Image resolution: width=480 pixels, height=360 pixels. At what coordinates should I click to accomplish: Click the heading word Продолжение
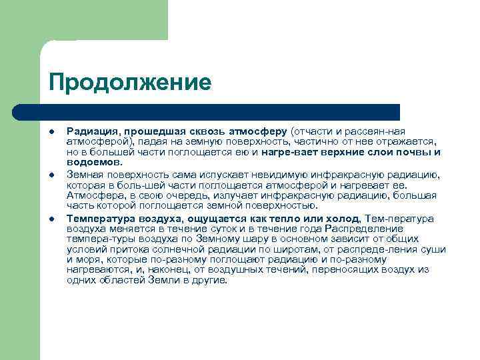pos(129,83)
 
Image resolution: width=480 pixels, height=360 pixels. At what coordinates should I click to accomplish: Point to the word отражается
pos(405,141)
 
